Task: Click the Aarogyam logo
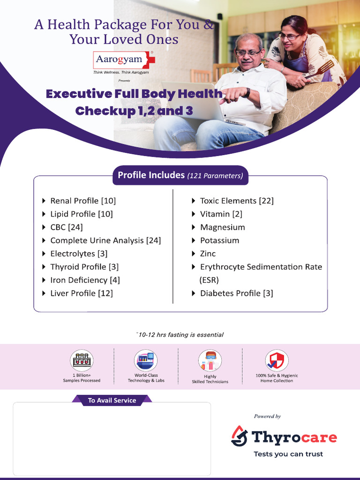coord(125,60)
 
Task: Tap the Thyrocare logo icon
coord(240,436)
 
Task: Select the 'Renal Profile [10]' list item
coord(83,201)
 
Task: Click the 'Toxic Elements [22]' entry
coord(237,201)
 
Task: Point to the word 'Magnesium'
coord(222,227)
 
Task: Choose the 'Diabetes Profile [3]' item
coord(236,293)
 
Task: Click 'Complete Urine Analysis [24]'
coord(105,240)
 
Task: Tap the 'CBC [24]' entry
coord(66,227)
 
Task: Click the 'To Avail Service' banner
coord(112,400)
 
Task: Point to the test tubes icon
coord(82,360)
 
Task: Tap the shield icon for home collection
coord(277,360)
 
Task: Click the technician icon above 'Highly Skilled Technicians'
coord(210,360)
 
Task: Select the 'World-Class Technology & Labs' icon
coord(146,360)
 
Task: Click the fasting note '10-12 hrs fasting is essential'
coord(180,335)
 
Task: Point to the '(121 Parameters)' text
coord(215,176)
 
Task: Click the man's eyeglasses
coord(248,52)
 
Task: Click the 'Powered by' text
coord(267,416)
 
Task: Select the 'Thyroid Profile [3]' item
coord(84,267)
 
